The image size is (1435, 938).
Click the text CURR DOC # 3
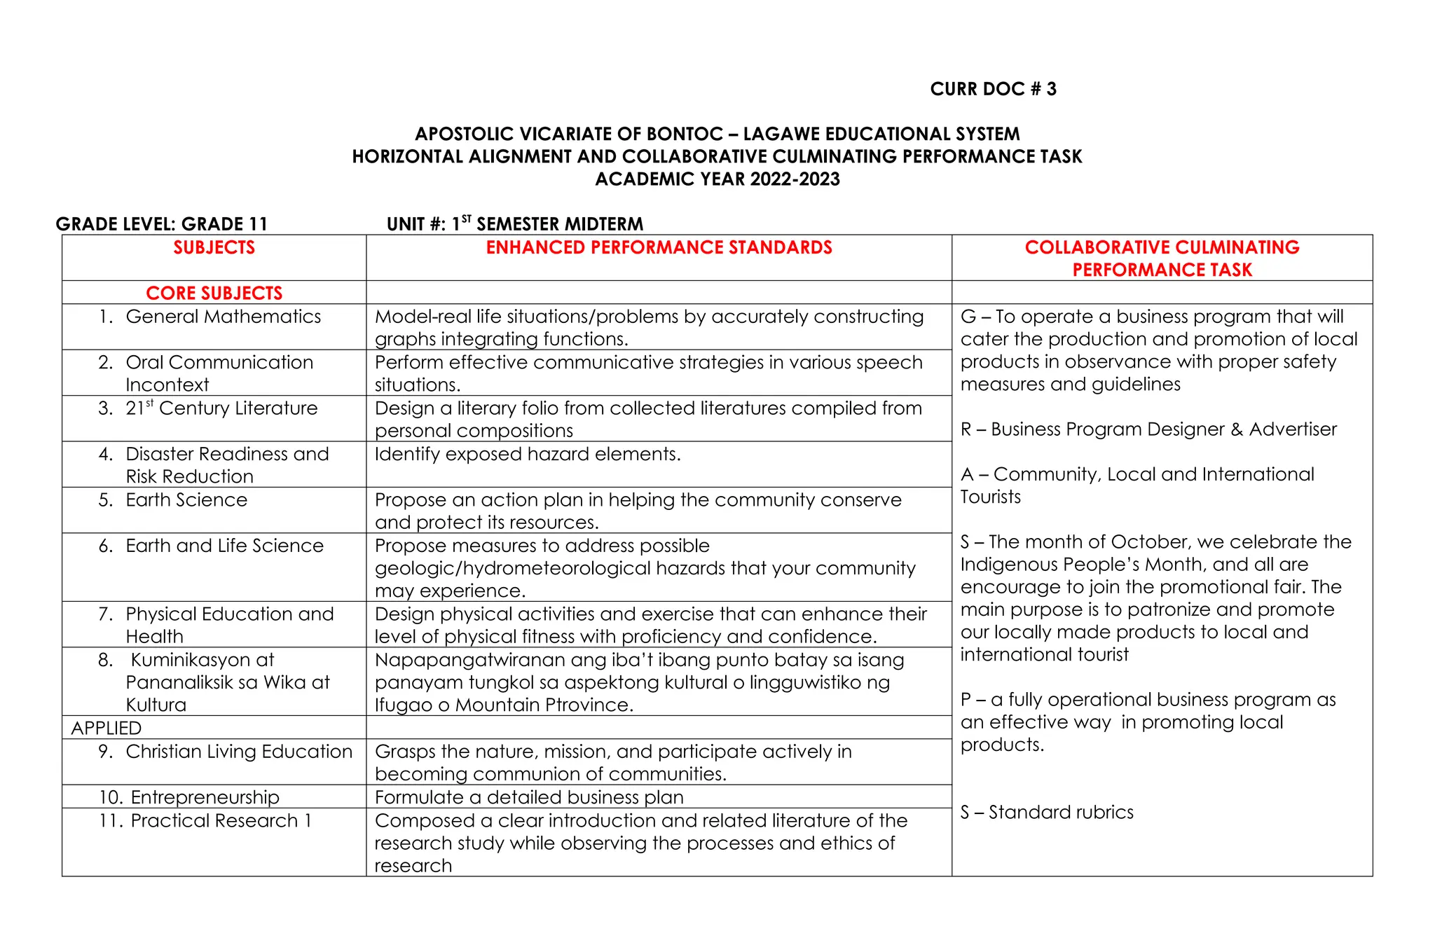pyautogui.click(x=992, y=89)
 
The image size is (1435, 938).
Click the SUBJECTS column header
pyautogui.click(x=214, y=247)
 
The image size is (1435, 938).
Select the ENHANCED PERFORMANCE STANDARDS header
pyautogui.click(x=659, y=247)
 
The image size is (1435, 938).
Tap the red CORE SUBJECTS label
pyautogui.click(x=214, y=293)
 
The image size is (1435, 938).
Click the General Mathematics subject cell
pyautogui.click(x=223, y=317)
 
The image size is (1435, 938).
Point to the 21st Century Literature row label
pyautogui.click(x=221, y=408)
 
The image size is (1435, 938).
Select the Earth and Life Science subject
pyautogui.click(x=224, y=546)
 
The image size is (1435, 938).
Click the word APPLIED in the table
pyautogui.click(x=107, y=728)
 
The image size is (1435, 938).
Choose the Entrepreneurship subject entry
pyautogui.click(x=205, y=797)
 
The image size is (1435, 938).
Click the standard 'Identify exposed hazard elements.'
pyautogui.click(x=527, y=454)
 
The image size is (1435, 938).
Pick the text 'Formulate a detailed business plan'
pyautogui.click(x=529, y=797)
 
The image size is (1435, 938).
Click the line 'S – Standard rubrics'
pyautogui.click(x=1046, y=812)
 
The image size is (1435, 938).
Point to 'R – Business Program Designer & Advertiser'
pyautogui.click(x=1148, y=429)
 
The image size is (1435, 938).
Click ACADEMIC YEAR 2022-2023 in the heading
pyautogui.click(x=717, y=179)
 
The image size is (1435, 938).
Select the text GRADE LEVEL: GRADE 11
pyautogui.click(x=162, y=224)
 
